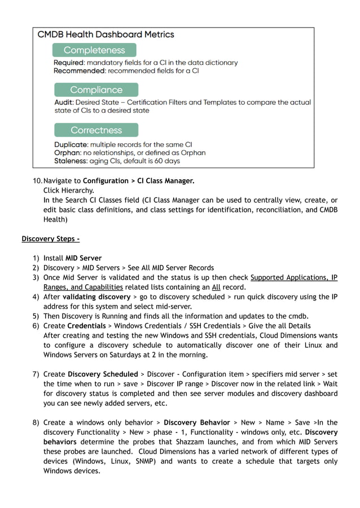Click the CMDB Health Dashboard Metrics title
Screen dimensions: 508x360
click(x=106, y=34)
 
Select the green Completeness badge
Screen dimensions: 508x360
click(x=94, y=50)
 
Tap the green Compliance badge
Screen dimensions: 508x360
click(x=96, y=90)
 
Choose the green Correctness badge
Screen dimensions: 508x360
click(x=96, y=130)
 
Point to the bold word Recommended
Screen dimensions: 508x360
click(x=77, y=71)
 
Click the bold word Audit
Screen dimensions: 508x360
click(x=63, y=103)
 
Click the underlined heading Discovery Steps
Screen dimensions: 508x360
click(x=51, y=239)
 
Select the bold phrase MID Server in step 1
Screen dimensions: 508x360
click(x=84, y=258)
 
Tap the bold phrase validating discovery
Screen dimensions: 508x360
click(x=96, y=297)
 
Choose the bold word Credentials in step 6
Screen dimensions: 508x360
click(x=86, y=326)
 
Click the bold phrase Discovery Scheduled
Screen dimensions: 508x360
click(x=103, y=374)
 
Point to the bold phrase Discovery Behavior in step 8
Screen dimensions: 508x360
click(x=196, y=422)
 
